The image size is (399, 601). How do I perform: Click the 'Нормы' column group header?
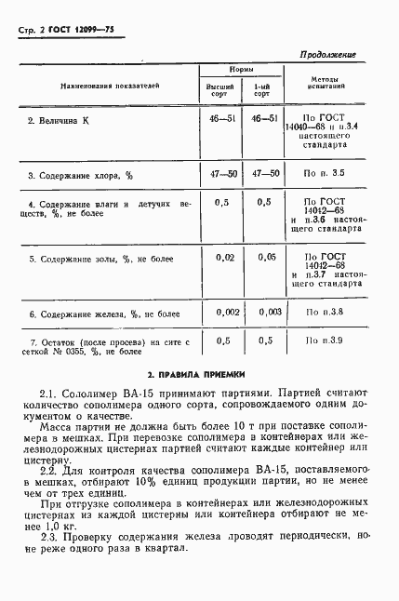tap(243, 71)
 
